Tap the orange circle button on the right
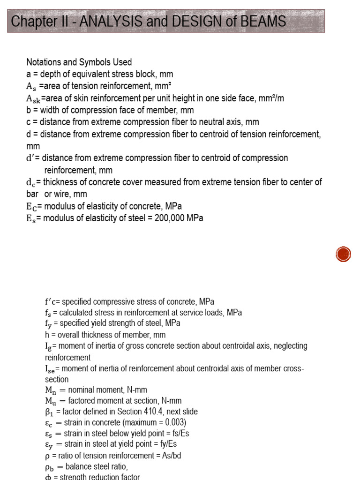click(343, 254)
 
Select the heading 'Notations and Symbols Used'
click(79, 62)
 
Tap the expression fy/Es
click(167, 444)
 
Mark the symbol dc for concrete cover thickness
click(31, 182)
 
